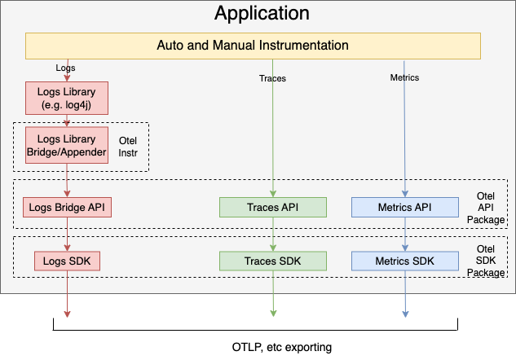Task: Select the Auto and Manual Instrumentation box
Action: coord(253,46)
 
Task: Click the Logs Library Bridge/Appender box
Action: coord(66,146)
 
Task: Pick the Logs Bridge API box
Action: coord(66,207)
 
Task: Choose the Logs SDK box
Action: coord(66,261)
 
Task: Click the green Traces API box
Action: coord(273,207)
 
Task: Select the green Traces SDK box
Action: coord(273,261)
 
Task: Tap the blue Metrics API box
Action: coord(405,207)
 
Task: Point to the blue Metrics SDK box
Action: coord(405,261)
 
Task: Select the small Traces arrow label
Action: coord(272,79)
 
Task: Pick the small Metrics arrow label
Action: coord(404,79)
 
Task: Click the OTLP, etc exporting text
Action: coord(276,348)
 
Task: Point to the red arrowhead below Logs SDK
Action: coord(66,313)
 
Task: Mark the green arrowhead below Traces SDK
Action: coord(273,313)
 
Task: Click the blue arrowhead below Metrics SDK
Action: coord(405,313)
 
